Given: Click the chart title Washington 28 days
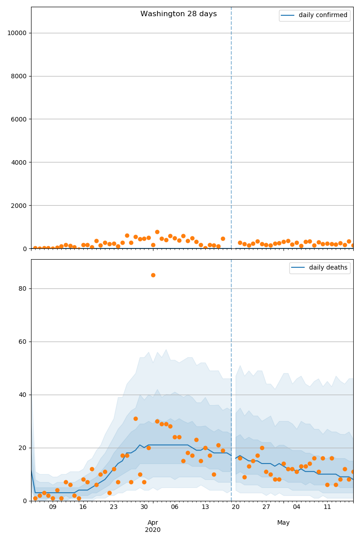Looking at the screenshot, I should point(179,14).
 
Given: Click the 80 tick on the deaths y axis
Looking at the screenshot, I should point(22,289).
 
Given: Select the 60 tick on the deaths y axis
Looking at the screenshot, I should point(22,342).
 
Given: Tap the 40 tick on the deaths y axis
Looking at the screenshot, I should point(22,395).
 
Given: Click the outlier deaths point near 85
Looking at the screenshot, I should point(153,275).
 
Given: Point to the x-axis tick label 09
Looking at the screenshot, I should point(53,507).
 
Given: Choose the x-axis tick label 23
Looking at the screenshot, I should point(113,507).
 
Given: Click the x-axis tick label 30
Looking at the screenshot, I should point(144,507).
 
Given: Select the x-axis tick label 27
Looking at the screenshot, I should point(266,507).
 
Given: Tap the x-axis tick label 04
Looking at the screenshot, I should point(297,507).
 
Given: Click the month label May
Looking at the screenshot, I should point(283,522).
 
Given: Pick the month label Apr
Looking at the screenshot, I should point(153,522).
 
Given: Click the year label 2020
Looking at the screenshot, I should point(153,530).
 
